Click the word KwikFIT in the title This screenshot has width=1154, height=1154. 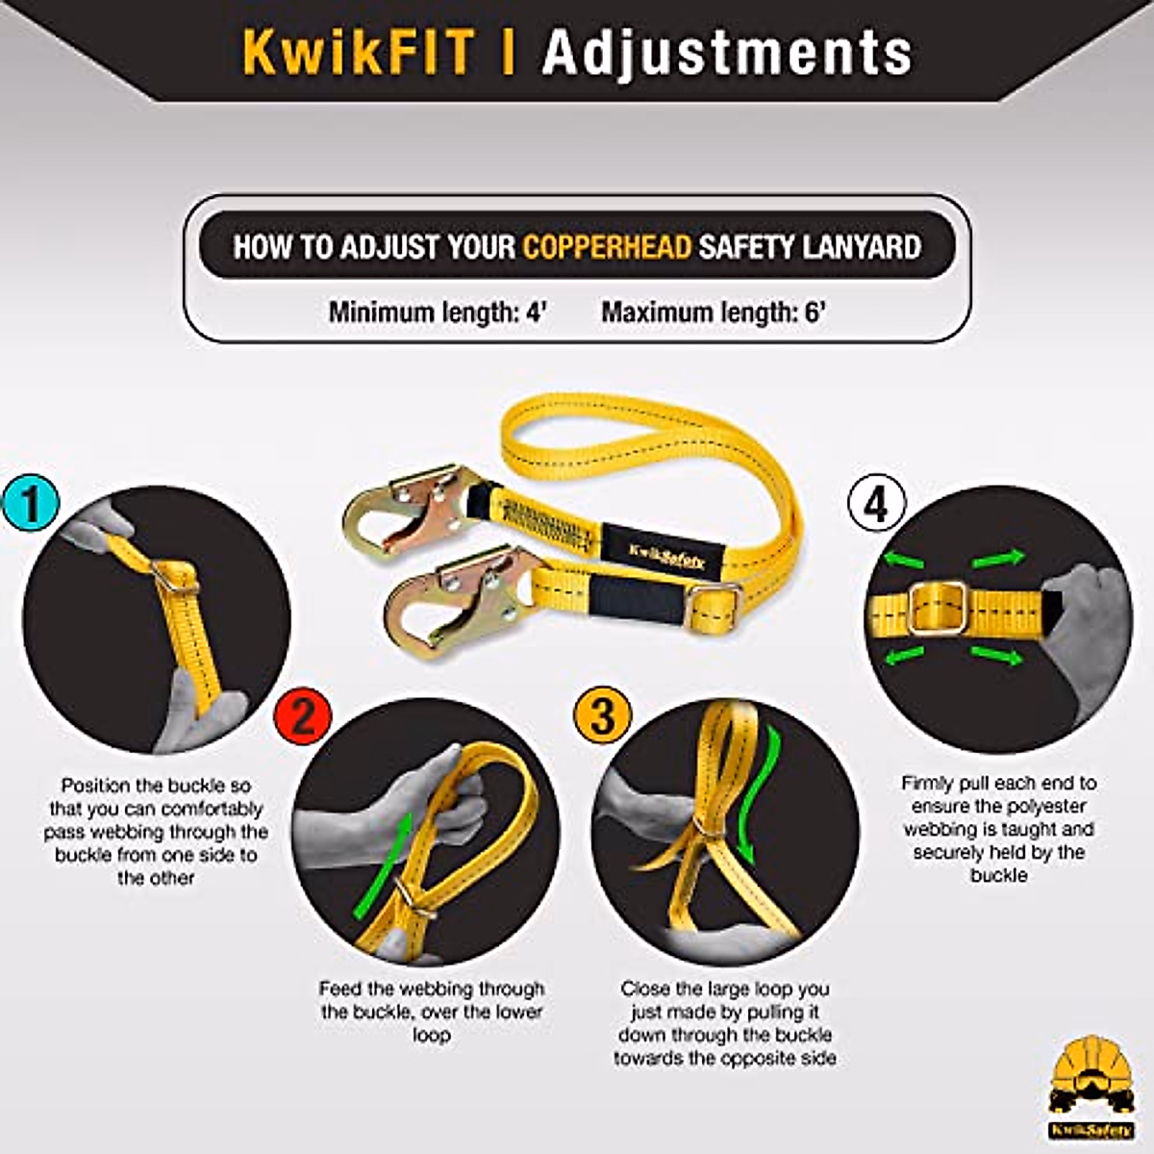click(358, 52)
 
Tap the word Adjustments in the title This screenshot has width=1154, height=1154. click(727, 52)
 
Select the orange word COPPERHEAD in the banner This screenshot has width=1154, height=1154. click(607, 247)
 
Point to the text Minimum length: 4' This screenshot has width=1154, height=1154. click(438, 313)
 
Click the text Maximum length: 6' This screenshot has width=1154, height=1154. click(714, 313)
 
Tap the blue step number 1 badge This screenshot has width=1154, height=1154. click(31, 504)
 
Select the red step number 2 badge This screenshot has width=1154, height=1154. click(302, 717)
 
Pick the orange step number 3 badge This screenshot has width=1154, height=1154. click(602, 717)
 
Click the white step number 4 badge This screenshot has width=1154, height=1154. click(876, 504)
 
